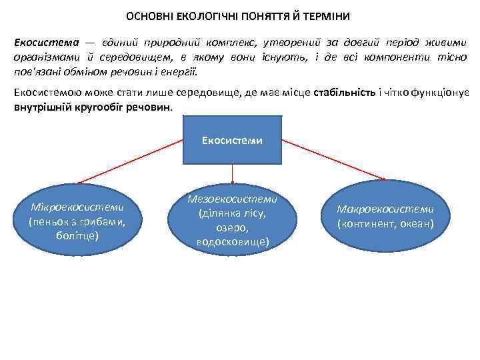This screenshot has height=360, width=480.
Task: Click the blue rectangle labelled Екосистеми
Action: pyautogui.click(x=232, y=140)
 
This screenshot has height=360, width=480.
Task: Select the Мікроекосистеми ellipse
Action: pyautogui.click(x=78, y=217)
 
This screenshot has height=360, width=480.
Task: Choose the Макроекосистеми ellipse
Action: pyautogui.click(x=385, y=216)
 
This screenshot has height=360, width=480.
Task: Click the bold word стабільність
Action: pyautogui.click(x=343, y=93)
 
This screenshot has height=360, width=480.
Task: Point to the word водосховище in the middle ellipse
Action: pyautogui.click(x=233, y=242)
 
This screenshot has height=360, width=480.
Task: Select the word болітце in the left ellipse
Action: pyautogui.click(x=78, y=235)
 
